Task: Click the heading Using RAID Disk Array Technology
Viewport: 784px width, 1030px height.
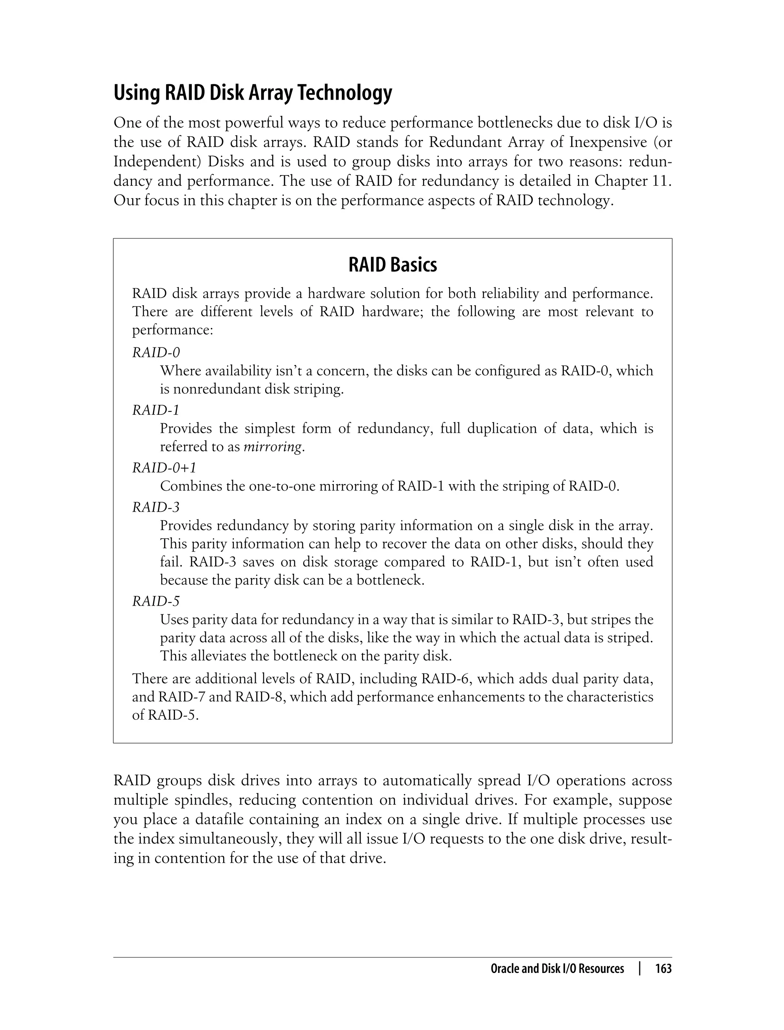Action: [x=253, y=93]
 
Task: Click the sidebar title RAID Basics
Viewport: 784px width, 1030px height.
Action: [x=392, y=265]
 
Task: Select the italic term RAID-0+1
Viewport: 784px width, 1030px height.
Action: [x=164, y=467]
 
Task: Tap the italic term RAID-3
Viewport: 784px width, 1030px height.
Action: [x=156, y=507]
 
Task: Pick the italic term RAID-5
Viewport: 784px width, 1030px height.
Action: [x=156, y=601]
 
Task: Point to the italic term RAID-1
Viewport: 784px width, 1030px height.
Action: [x=156, y=410]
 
